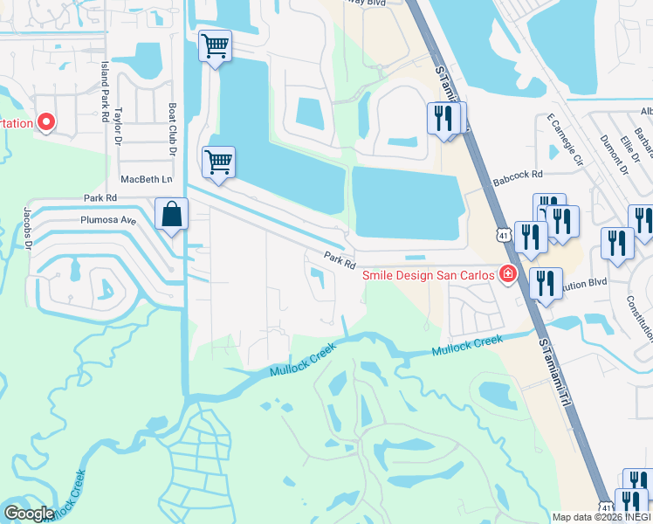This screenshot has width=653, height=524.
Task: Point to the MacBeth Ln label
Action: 147,178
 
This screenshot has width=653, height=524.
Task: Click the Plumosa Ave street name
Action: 108,221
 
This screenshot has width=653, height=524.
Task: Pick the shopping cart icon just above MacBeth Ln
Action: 217,161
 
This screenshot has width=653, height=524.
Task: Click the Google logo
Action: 28,514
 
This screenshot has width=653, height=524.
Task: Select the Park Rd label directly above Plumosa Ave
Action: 100,199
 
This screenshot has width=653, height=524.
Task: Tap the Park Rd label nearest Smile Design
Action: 340,259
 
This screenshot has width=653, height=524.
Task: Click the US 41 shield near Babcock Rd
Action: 502,235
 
